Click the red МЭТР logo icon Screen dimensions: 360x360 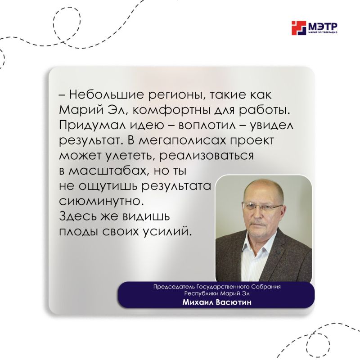coord(299,28)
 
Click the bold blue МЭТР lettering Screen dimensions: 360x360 coord(322,26)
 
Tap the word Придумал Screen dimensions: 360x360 coord(89,126)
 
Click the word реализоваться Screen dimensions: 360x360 coord(207,156)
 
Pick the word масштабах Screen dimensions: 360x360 coord(108,171)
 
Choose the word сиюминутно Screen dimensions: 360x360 coord(103,201)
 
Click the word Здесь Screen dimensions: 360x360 coord(78,216)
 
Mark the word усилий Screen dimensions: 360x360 coord(167,232)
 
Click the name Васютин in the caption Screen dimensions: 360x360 coord(234,302)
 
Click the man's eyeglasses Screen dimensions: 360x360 coord(262,206)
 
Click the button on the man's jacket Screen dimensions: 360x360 coord(278,252)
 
